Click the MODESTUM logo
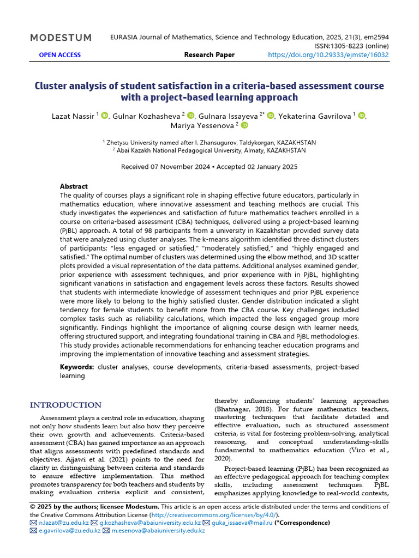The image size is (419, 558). click(61, 38)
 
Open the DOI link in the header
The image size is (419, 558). click(329, 54)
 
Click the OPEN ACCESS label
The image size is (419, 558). click(60, 54)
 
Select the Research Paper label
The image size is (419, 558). click(209, 54)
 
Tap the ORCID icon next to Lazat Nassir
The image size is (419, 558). click(105, 115)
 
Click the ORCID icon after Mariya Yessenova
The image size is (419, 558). click(244, 125)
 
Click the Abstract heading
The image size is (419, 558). click(74, 186)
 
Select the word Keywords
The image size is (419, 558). click(76, 367)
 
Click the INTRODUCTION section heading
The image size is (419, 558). click(65, 405)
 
